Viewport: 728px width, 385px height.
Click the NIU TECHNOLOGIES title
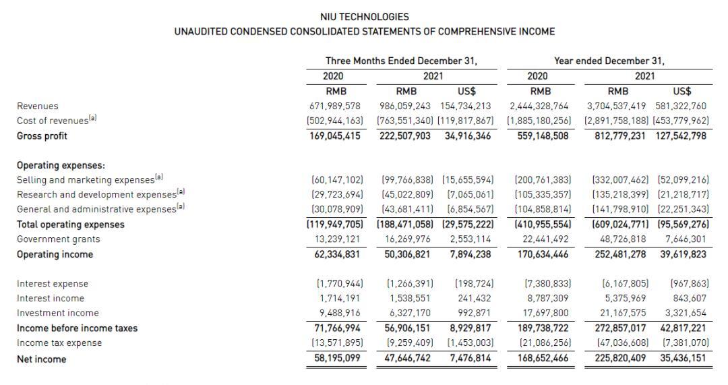(365, 17)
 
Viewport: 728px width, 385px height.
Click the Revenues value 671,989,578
(335, 106)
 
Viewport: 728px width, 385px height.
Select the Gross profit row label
(42, 136)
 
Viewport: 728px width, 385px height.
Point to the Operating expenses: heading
(61, 165)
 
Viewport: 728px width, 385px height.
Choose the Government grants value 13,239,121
(335, 239)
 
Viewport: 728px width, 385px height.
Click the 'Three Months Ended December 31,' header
(401, 61)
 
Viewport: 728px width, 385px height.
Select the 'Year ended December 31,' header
(609, 61)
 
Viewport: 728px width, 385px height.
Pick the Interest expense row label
(52, 284)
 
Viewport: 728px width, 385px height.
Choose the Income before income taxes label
(77, 328)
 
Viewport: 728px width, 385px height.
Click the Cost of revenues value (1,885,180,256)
(539, 121)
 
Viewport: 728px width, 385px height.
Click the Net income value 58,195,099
(335, 359)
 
